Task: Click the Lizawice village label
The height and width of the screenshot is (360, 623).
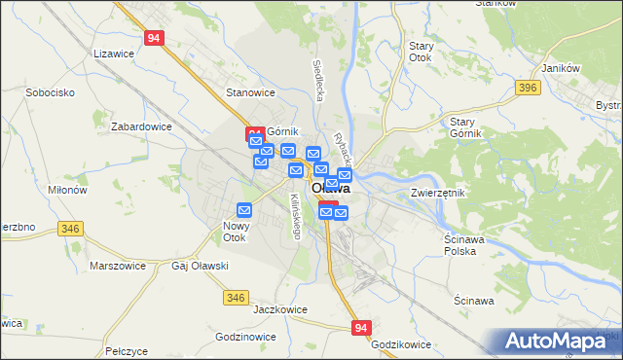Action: click(x=112, y=54)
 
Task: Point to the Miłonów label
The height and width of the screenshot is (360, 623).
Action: click(x=67, y=191)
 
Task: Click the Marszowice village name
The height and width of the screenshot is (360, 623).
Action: click(x=117, y=265)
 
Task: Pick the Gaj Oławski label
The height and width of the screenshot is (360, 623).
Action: click(x=200, y=265)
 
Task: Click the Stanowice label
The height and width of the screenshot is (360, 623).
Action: click(x=250, y=92)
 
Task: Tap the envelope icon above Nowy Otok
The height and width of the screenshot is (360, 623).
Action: click(x=244, y=209)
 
